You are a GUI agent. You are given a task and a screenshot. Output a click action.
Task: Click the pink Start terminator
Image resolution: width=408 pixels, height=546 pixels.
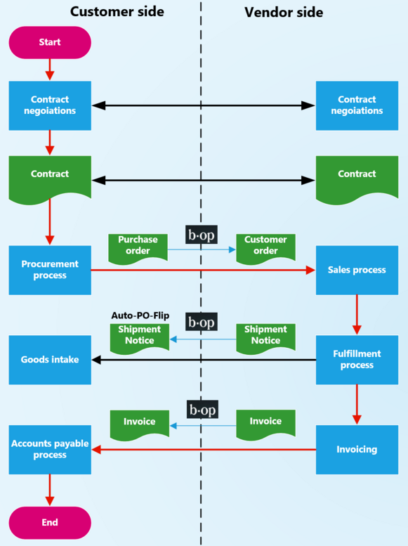(50, 42)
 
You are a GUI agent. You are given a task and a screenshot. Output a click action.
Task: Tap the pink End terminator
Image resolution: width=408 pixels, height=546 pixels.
(50, 522)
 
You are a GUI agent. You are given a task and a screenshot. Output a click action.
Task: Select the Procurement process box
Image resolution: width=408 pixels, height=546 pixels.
(50, 270)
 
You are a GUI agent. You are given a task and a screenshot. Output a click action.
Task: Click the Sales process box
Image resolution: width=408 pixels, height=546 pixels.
(357, 270)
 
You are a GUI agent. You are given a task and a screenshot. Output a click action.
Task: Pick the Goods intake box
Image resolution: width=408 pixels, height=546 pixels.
(50, 360)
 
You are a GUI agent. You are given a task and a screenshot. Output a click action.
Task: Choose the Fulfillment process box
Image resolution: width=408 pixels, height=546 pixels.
(357, 360)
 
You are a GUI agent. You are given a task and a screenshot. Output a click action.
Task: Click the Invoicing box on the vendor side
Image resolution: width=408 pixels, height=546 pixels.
(357, 450)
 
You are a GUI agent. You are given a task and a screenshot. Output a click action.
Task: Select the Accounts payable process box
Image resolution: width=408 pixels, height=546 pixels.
(50, 450)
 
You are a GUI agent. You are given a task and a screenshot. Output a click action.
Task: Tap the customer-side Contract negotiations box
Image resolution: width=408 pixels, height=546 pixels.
(50, 105)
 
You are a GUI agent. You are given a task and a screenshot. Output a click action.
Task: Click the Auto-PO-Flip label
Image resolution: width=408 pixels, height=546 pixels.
(140, 316)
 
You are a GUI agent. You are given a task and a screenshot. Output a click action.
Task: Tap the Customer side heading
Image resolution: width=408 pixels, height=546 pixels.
(117, 12)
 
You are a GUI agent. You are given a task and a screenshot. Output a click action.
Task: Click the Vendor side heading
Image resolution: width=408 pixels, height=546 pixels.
(284, 12)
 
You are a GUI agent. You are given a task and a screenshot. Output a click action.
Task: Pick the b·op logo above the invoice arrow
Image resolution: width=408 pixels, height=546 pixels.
(202, 410)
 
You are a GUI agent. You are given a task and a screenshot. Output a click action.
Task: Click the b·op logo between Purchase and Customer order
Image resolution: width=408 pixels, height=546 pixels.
(202, 235)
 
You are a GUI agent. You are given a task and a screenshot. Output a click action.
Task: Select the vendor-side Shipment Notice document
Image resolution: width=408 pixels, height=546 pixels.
(265, 337)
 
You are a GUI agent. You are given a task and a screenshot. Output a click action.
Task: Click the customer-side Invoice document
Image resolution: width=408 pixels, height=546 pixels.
(140, 422)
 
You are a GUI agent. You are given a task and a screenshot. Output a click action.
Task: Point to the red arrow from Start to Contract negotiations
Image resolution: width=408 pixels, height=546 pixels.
(50, 69)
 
